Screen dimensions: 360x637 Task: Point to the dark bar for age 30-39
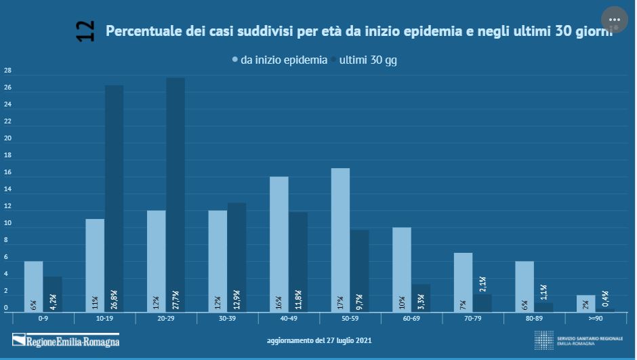(237, 258)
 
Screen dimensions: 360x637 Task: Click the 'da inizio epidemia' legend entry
(283, 60)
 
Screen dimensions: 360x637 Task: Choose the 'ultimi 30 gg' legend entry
(367, 60)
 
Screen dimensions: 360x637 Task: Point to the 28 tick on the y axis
(7, 71)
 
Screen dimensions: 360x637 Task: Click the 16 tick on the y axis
(7, 173)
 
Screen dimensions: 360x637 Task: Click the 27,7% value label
(176, 298)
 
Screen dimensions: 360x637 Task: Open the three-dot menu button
(614, 20)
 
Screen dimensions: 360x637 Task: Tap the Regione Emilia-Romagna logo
(66, 339)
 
